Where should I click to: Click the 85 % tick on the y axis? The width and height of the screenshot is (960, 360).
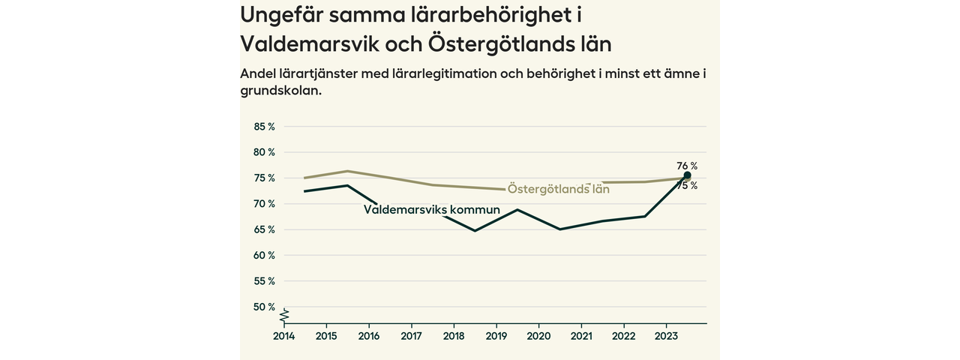tap(265, 127)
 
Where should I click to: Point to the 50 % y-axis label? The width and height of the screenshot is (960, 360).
tap(265, 307)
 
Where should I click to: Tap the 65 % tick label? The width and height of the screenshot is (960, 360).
tap(265, 229)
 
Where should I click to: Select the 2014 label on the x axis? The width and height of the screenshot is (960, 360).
tap(283, 336)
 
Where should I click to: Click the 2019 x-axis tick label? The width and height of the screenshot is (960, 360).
tap(496, 336)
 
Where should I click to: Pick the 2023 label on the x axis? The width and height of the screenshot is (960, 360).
tap(667, 336)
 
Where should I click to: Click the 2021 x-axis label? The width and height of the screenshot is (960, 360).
tap(582, 336)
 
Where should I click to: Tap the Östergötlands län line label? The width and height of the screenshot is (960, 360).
tap(558, 189)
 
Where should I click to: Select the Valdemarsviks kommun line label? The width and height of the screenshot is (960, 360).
tap(431, 210)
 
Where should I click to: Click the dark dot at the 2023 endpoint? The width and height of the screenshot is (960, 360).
tap(687, 175)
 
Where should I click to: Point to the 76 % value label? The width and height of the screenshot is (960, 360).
tap(687, 166)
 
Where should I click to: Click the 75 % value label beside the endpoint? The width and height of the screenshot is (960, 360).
tap(687, 186)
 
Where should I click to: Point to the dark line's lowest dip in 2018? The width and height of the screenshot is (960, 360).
tap(475, 230)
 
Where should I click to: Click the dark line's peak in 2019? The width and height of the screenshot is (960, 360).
tap(517, 209)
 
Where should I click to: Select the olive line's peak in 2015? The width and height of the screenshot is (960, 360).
tap(347, 171)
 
